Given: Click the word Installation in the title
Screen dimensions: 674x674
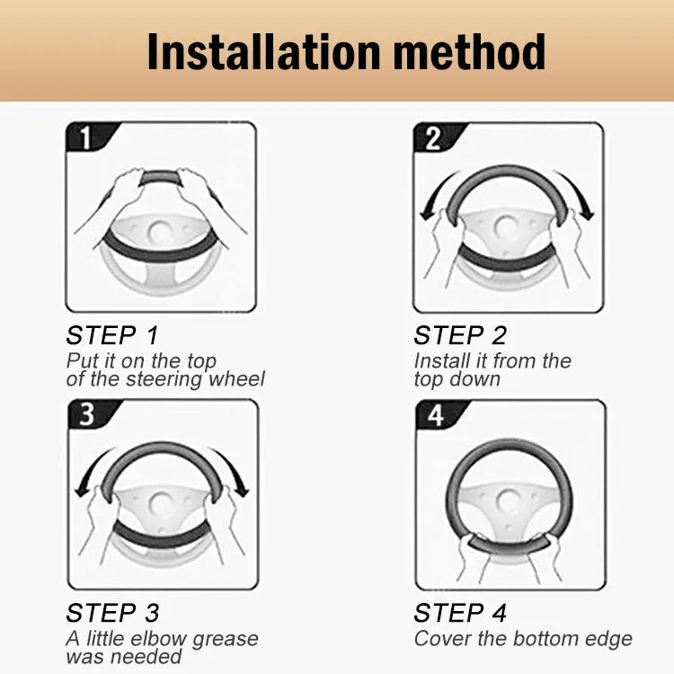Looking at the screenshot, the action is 264,52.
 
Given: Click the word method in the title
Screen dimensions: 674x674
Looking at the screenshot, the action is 469,52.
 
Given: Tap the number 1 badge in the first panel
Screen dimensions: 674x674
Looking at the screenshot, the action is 86,137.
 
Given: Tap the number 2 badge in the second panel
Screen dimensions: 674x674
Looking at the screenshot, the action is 433,138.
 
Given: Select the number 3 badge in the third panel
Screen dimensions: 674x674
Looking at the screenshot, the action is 88,414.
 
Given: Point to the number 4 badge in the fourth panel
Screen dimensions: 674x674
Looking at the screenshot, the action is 436,415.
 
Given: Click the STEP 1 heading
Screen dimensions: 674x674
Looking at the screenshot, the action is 112,335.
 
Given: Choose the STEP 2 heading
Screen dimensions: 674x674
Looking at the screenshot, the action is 460,335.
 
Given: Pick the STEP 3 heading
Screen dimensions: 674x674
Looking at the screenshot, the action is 112,613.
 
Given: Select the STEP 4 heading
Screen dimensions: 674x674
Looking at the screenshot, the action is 460,613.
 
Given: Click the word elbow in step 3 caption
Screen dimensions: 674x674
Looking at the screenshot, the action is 160,638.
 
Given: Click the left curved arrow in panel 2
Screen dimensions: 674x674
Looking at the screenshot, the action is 435,192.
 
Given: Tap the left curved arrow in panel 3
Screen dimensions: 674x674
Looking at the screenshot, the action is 89,469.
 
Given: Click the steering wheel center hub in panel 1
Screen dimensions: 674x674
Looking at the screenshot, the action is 160,233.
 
